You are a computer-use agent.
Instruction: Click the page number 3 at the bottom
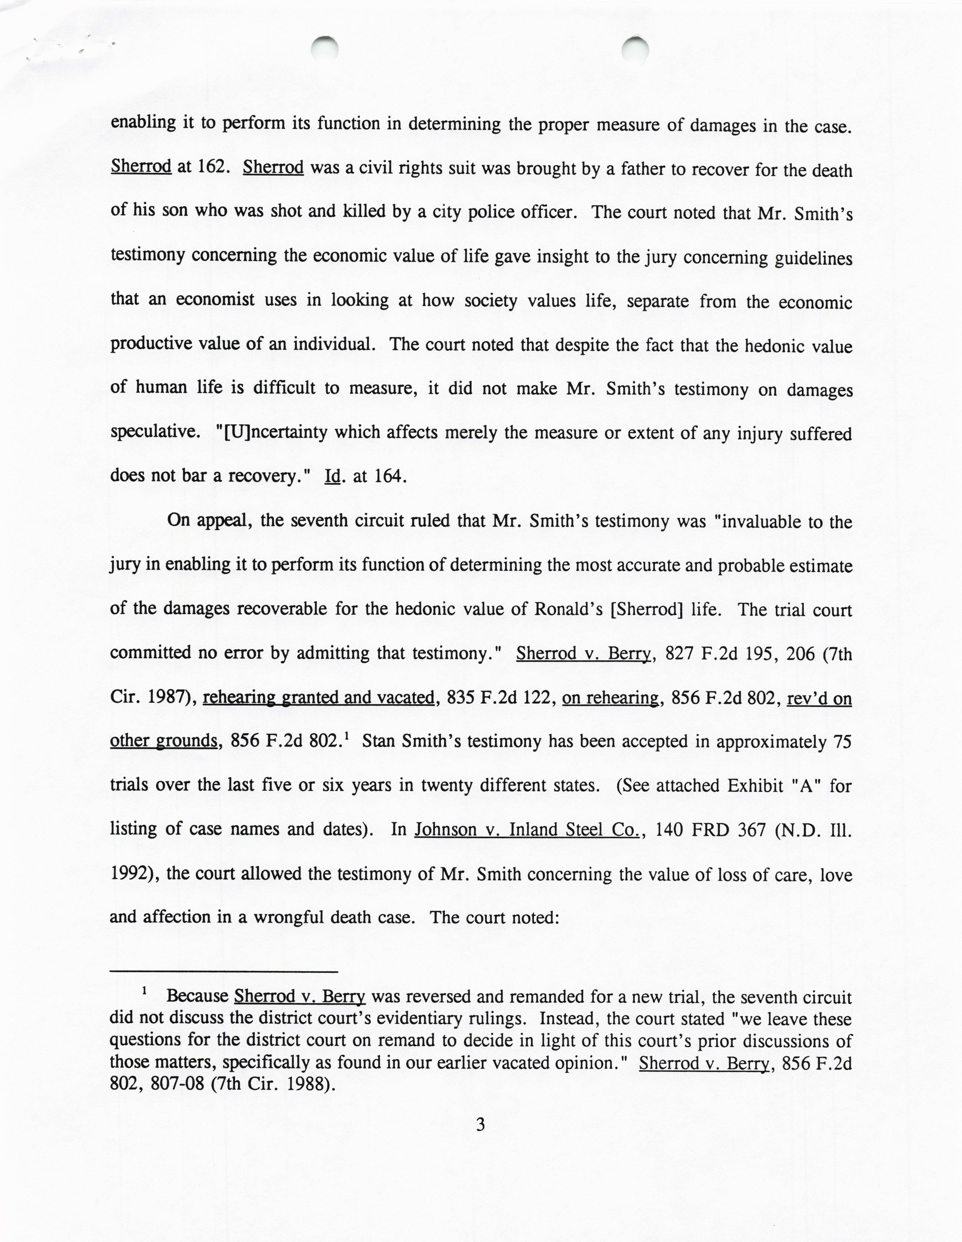point(480,1125)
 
